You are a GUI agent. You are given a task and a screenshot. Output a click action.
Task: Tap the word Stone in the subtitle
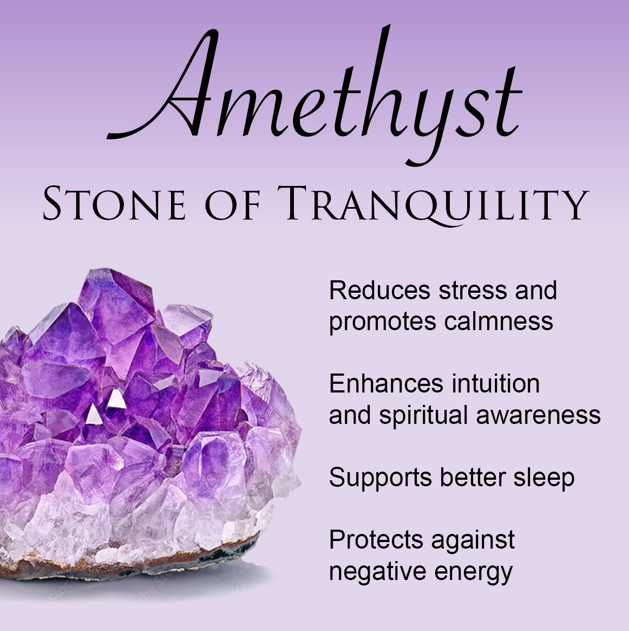coord(114,203)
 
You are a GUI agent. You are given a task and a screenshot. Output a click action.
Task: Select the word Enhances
coord(386,383)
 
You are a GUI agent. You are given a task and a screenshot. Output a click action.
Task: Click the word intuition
coord(495,383)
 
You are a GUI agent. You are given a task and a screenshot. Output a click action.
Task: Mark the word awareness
coord(538,416)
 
